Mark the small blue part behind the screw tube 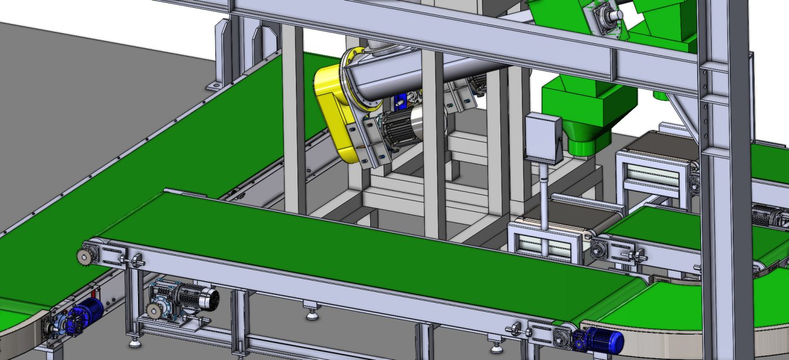tap(401, 101)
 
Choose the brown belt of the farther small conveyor tap(657, 144)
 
